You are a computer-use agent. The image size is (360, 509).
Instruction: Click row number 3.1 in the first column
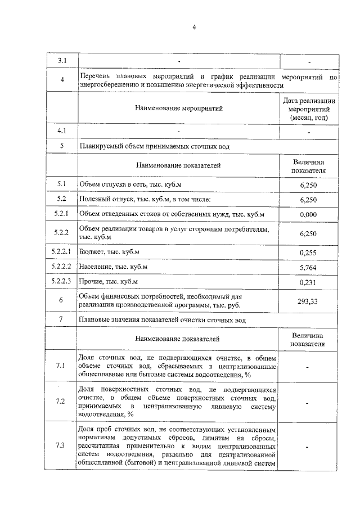click(x=62, y=60)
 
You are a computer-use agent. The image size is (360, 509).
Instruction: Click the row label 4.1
click(x=62, y=131)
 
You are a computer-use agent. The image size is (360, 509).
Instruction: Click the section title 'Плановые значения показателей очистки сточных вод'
click(x=163, y=320)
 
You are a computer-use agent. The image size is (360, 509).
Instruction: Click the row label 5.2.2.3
click(x=62, y=281)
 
